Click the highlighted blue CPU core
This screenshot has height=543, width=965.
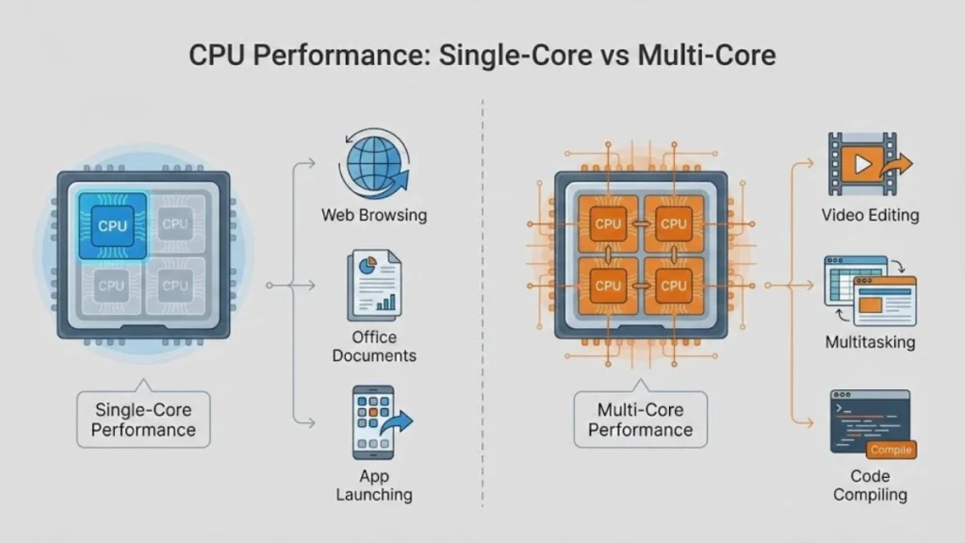click(111, 225)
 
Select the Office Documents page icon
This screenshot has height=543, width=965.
click(373, 284)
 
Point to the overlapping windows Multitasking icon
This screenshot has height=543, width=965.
click(869, 288)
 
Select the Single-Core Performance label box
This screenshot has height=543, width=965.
click(144, 420)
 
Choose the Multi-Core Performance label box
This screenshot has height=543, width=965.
click(640, 420)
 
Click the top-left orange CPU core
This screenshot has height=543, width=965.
click(608, 223)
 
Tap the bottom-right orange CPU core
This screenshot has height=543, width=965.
click(672, 285)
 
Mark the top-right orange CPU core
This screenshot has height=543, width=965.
click(672, 223)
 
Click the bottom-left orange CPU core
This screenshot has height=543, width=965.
click(608, 285)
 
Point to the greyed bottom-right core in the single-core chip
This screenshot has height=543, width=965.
click(174, 285)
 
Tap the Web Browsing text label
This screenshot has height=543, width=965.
click(373, 215)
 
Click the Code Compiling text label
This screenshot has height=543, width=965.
click(869, 485)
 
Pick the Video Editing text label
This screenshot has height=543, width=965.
click(869, 215)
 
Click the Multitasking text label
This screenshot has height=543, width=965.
click(869, 342)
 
